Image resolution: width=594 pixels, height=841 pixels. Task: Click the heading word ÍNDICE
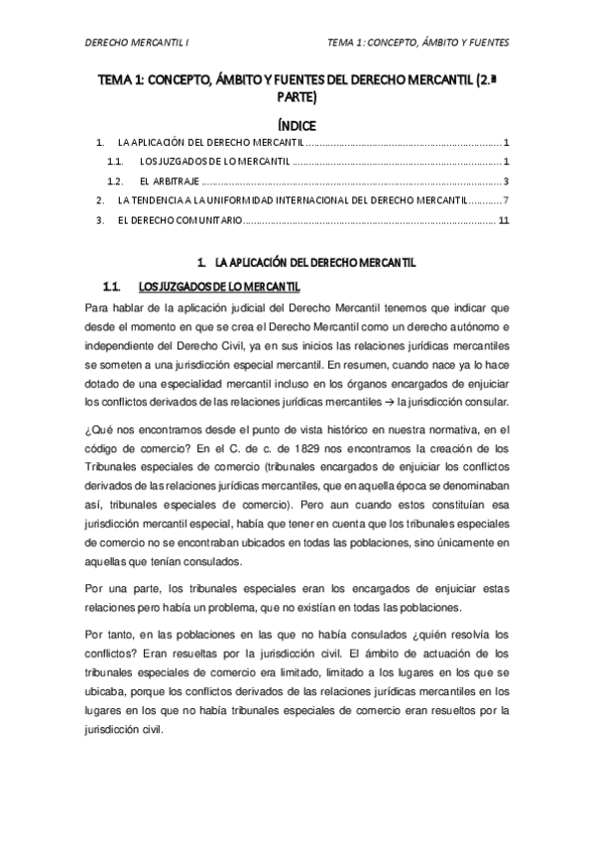pos(297,126)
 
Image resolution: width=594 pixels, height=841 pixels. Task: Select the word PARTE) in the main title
pos(297,98)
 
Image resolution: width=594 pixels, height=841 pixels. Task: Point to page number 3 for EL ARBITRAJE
pos(506,181)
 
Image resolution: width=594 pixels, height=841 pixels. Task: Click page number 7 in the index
pos(506,201)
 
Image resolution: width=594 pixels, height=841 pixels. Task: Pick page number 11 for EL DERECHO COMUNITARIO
pos(504,221)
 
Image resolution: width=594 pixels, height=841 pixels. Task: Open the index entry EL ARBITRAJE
pos(167,181)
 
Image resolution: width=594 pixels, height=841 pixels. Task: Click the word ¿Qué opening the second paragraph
pos(101,429)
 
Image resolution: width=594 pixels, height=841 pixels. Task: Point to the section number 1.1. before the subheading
pos(113,287)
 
